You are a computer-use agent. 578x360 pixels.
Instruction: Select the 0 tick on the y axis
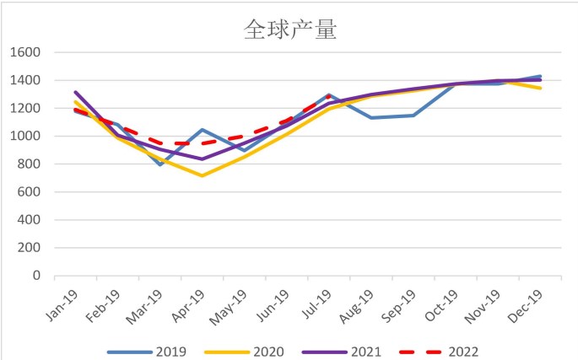point(37,276)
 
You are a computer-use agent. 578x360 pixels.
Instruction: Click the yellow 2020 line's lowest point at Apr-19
point(203,175)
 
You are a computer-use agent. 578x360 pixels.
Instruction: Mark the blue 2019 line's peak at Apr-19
point(203,130)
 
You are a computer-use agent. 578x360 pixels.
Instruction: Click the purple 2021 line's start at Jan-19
point(76,93)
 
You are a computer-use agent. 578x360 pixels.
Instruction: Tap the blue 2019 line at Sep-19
point(413,116)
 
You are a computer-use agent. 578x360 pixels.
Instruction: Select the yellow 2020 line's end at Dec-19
point(540,89)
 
